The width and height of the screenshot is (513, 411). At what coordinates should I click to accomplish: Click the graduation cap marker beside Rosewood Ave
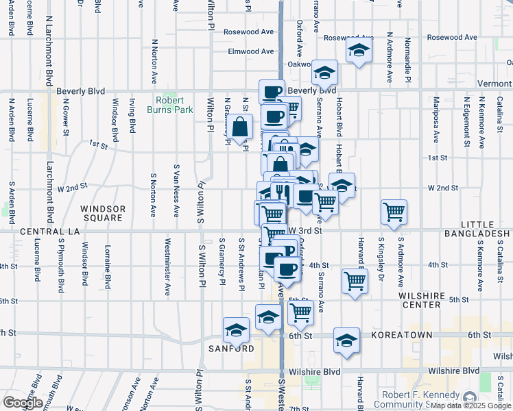pos(358,51)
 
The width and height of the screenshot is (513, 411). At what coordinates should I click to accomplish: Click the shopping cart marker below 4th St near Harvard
pos(355,280)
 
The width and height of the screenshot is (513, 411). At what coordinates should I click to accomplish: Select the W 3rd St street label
pos(305,230)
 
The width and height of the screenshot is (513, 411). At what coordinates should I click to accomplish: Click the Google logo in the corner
pos(23,403)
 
